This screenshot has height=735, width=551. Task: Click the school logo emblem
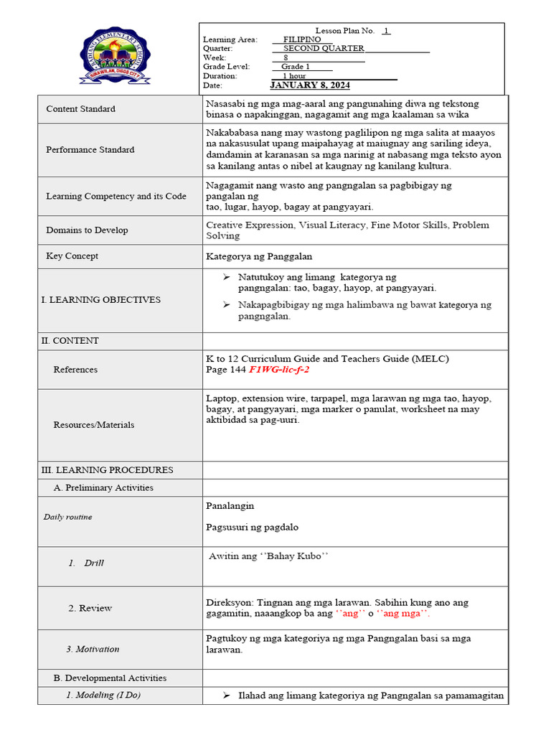(116, 57)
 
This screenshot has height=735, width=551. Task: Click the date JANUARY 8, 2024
(310, 85)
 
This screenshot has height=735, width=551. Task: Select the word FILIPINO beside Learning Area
(302, 39)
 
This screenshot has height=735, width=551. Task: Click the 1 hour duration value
(294, 76)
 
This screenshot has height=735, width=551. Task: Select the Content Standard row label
(80, 109)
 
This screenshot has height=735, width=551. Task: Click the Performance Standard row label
(90, 150)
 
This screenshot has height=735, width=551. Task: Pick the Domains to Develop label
(87, 230)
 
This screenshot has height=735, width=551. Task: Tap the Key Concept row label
(72, 256)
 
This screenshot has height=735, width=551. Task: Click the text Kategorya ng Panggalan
(259, 256)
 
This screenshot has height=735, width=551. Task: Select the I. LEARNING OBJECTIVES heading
(100, 300)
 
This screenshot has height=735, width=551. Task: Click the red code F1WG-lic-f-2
(279, 370)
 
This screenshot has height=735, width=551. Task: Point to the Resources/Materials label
(94, 425)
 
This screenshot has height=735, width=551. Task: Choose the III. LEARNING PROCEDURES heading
(107, 470)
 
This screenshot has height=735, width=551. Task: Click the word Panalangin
(230, 505)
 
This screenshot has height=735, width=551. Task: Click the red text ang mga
(402, 614)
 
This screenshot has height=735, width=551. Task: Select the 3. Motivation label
(93, 650)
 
